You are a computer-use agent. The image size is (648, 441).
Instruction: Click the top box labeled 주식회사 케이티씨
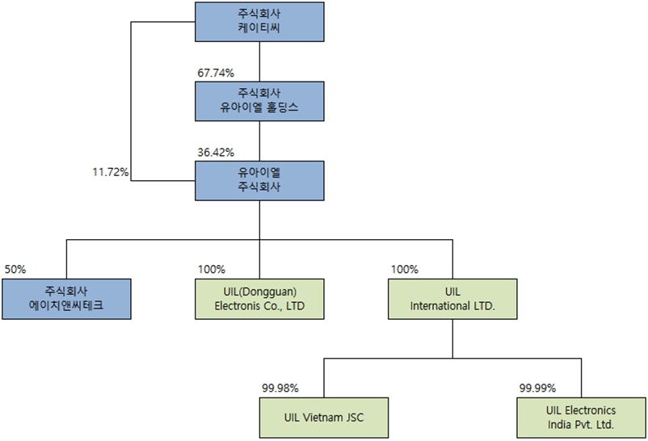coord(259,22)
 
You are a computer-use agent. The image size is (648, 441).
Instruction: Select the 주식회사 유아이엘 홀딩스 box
coord(259,100)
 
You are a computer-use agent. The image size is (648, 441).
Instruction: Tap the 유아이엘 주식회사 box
coord(259,179)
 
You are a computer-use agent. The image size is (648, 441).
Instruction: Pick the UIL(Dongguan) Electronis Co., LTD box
coord(259,298)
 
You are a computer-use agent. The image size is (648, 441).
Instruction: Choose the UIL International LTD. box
coord(452,298)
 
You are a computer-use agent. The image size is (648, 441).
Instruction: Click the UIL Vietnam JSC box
coord(323,417)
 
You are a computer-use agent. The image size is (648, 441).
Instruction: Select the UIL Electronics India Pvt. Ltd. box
coord(580,417)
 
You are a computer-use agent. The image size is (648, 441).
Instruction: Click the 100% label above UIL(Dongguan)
coord(212,269)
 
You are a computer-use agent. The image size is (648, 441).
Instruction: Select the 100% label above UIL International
coord(405,269)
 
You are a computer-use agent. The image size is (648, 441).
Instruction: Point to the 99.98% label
coord(280,388)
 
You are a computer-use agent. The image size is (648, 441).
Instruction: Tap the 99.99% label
coord(537,388)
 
